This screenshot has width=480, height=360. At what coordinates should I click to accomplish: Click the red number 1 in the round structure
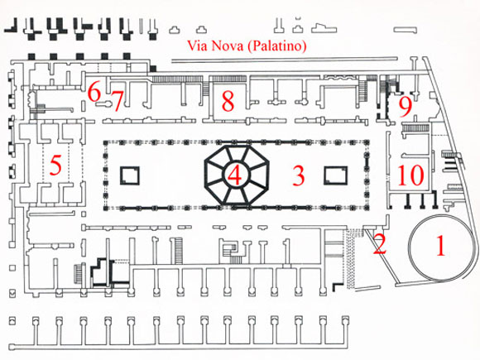click(x=440, y=246)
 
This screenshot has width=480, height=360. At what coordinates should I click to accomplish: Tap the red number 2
click(x=380, y=244)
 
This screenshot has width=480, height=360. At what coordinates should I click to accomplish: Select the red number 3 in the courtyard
click(x=299, y=175)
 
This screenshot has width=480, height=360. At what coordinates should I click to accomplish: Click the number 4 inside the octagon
click(x=234, y=175)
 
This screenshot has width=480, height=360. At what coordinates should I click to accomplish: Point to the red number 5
click(x=55, y=165)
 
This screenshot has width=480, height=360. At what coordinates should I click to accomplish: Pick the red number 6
click(x=94, y=92)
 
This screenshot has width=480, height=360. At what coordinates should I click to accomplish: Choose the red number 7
click(x=117, y=100)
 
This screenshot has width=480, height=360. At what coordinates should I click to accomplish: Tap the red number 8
click(x=228, y=101)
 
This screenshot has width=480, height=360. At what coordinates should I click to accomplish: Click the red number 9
click(x=406, y=108)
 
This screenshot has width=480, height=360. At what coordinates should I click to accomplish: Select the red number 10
click(x=410, y=175)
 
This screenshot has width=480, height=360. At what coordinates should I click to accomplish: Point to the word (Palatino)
click(x=276, y=46)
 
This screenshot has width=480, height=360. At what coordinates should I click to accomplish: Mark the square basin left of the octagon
click(x=130, y=175)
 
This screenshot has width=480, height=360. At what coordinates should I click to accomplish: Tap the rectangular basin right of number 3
click(x=335, y=175)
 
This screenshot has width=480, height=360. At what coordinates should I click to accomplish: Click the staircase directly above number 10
click(x=416, y=127)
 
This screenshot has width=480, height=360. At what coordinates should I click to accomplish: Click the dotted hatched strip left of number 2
click(x=350, y=257)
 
